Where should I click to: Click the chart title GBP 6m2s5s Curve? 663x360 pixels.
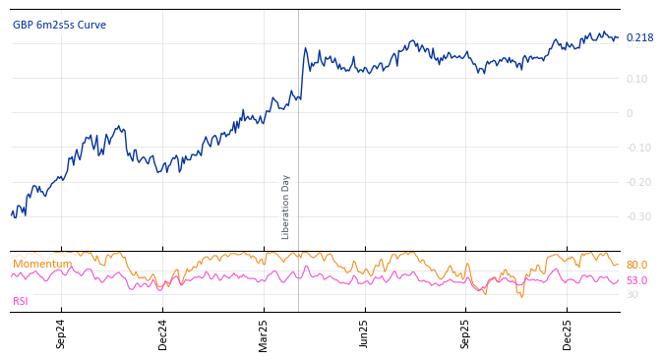coord(59,26)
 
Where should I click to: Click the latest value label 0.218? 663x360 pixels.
coord(639,38)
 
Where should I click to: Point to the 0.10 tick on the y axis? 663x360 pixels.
coord(636,79)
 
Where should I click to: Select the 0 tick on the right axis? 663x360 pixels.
coord(630,113)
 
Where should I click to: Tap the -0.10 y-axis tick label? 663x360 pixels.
coord(636,148)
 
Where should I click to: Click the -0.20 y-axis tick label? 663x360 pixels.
coord(636,182)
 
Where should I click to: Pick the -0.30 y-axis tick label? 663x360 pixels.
coord(636,216)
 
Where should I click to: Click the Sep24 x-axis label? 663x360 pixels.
coord(61,333)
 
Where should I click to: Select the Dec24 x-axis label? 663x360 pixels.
coord(162,333)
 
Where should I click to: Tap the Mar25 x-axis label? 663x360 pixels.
coord(264,333)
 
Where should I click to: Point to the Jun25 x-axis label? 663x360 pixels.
coord(365,333)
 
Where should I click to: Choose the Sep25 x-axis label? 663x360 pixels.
coord(466,333)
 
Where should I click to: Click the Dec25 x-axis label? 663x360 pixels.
coord(568,333)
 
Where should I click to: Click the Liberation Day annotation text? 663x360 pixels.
coord(286,207)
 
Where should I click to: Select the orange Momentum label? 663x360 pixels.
coord(41,264)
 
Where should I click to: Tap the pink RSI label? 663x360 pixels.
coord(21,301)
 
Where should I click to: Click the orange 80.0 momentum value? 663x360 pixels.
coord(636,266)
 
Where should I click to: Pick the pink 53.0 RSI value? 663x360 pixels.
coord(636,281)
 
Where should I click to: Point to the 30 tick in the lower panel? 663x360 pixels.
coord(632,294)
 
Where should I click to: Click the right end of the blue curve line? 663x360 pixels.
coord(618,38)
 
